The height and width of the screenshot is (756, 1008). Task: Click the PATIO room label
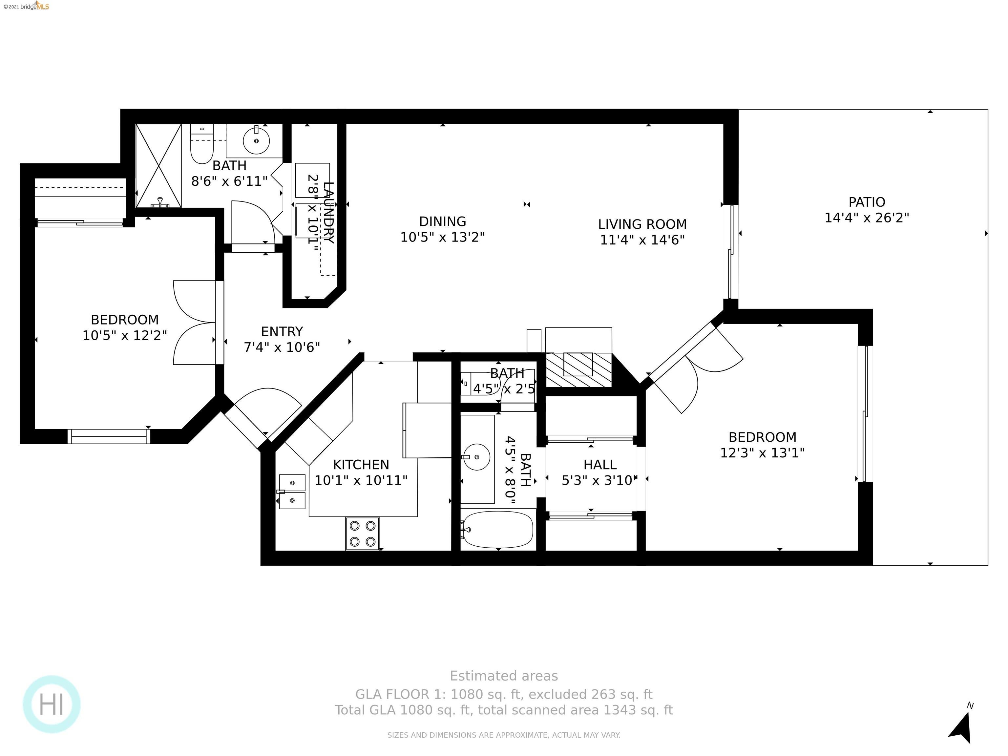pyautogui.click(x=867, y=202)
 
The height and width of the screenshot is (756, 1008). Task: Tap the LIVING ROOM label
pyautogui.click(x=642, y=224)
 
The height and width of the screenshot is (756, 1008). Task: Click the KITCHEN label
pyautogui.click(x=361, y=465)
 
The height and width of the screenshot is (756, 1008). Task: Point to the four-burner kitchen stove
pyautogui.click(x=363, y=533)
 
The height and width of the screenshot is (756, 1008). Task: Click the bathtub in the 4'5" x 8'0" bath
pyautogui.click(x=497, y=530)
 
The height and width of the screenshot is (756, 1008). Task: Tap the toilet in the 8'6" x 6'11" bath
pyautogui.click(x=202, y=143)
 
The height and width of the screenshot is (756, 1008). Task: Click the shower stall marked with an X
pyautogui.click(x=158, y=166)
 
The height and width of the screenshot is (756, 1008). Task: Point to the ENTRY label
pyautogui.click(x=282, y=331)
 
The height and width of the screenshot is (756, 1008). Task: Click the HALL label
pyautogui.click(x=600, y=465)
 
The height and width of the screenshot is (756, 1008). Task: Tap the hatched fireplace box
pyautogui.click(x=578, y=369)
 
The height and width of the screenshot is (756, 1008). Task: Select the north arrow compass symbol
pyautogui.click(x=962, y=724)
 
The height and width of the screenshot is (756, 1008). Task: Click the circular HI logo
pyautogui.click(x=52, y=704)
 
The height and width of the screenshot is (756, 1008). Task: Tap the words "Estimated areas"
pyautogui.click(x=504, y=676)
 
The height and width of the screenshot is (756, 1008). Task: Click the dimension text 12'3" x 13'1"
pyautogui.click(x=762, y=453)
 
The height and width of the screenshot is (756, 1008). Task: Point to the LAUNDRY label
pyautogui.click(x=328, y=212)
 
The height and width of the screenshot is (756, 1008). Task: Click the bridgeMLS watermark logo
pyautogui.click(x=26, y=6)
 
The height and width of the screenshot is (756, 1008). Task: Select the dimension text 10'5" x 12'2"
pyautogui.click(x=124, y=335)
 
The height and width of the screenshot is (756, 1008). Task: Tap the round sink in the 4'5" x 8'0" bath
pyautogui.click(x=477, y=457)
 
